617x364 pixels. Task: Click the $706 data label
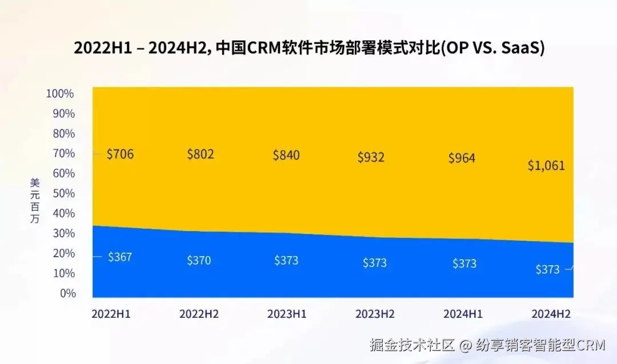[x=120, y=154]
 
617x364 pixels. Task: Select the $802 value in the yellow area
[x=201, y=154]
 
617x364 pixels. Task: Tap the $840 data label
[x=286, y=155]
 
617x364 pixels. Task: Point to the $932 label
[x=371, y=157]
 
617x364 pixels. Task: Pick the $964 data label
[x=462, y=158]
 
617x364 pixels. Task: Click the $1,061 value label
[x=546, y=166]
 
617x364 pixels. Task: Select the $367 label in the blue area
[x=120, y=257]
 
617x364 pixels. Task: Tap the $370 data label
[x=199, y=260]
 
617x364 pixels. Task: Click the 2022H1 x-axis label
[x=111, y=314]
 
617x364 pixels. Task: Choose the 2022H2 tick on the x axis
[x=199, y=314]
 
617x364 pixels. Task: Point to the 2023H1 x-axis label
[x=287, y=314]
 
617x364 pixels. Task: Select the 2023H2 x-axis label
[x=375, y=314]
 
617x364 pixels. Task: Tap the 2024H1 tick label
[x=463, y=314]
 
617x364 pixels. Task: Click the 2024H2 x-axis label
[x=551, y=314]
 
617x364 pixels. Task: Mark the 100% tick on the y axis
[x=59, y=94]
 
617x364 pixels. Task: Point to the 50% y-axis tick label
[x=63, y=193]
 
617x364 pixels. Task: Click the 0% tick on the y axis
[x=67, y=293]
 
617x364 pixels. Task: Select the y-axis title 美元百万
[x=35, y=200]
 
